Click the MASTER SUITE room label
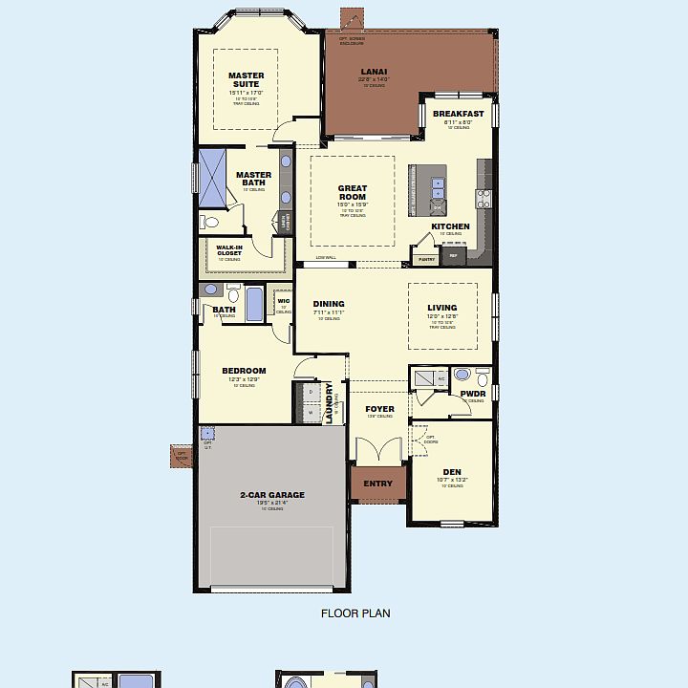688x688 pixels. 247,80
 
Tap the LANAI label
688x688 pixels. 374,72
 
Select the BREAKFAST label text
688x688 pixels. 459,114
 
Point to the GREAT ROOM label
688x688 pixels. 353,193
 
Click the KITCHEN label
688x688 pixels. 450,226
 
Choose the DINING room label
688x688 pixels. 328,305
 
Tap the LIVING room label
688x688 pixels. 442,308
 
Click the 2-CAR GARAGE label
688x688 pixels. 272,495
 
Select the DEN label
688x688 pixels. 452,472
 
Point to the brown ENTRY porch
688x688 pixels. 378,484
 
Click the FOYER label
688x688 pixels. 379,409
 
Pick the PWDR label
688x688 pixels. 473,393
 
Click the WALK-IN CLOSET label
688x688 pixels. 229,250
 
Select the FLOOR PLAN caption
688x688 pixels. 355,613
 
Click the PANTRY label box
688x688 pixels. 426,259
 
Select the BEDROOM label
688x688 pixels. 244,371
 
